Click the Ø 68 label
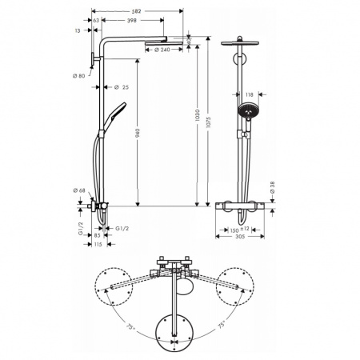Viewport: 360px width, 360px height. coord(79,190)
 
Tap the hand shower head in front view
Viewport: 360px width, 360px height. coord(247,110)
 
